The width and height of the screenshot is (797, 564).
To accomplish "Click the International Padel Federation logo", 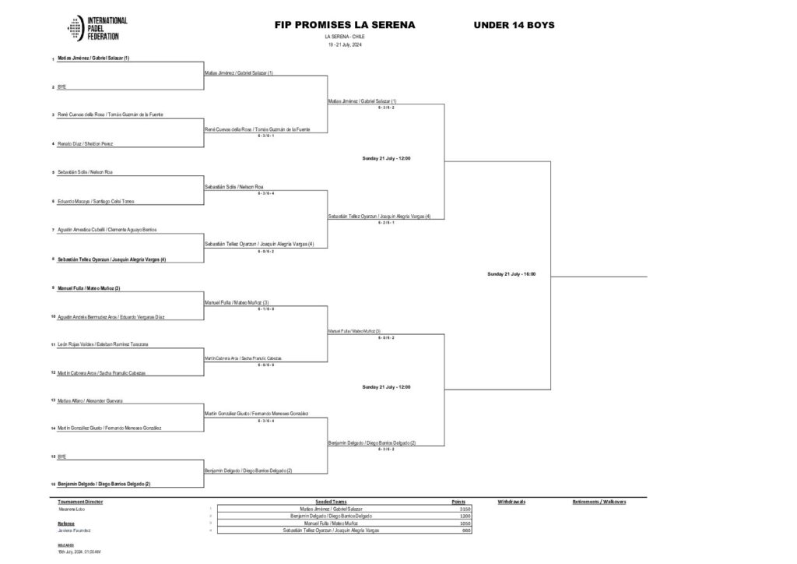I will coord(97,28).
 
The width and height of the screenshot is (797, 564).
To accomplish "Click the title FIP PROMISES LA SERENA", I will coord(344,25).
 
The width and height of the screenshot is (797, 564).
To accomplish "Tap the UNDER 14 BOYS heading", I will coord(514,25).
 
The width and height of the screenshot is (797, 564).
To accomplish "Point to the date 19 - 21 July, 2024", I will coord(344,44).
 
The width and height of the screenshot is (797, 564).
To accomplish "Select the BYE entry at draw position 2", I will coord(62,87).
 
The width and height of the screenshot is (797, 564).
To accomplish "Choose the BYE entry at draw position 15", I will coord(62,456).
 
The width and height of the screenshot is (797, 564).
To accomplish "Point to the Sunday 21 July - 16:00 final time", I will coord(511,274).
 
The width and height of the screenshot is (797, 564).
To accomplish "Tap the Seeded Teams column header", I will coord(331,502).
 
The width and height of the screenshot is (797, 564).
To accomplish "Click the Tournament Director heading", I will coord(80,502).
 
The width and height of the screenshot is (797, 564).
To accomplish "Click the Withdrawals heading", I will coord(511,502).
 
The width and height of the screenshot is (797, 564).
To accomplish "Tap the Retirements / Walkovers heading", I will coord(599,502).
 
